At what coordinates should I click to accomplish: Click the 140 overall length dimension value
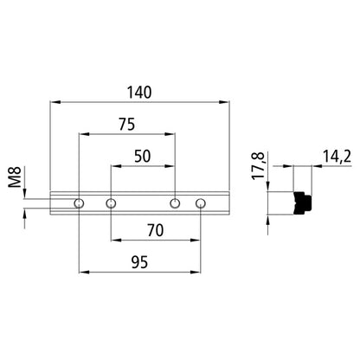click(x=140, y=91)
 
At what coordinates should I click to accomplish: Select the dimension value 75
click(x=127, y=125)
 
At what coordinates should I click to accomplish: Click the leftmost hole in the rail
click(x=80, y=203)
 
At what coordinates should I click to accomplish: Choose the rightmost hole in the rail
click(x=201, y=203)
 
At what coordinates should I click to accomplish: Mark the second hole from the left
click(x=111, y=203)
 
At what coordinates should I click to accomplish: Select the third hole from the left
click(x=175, y=203)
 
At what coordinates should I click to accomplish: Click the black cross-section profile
click(x=301, y=202)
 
